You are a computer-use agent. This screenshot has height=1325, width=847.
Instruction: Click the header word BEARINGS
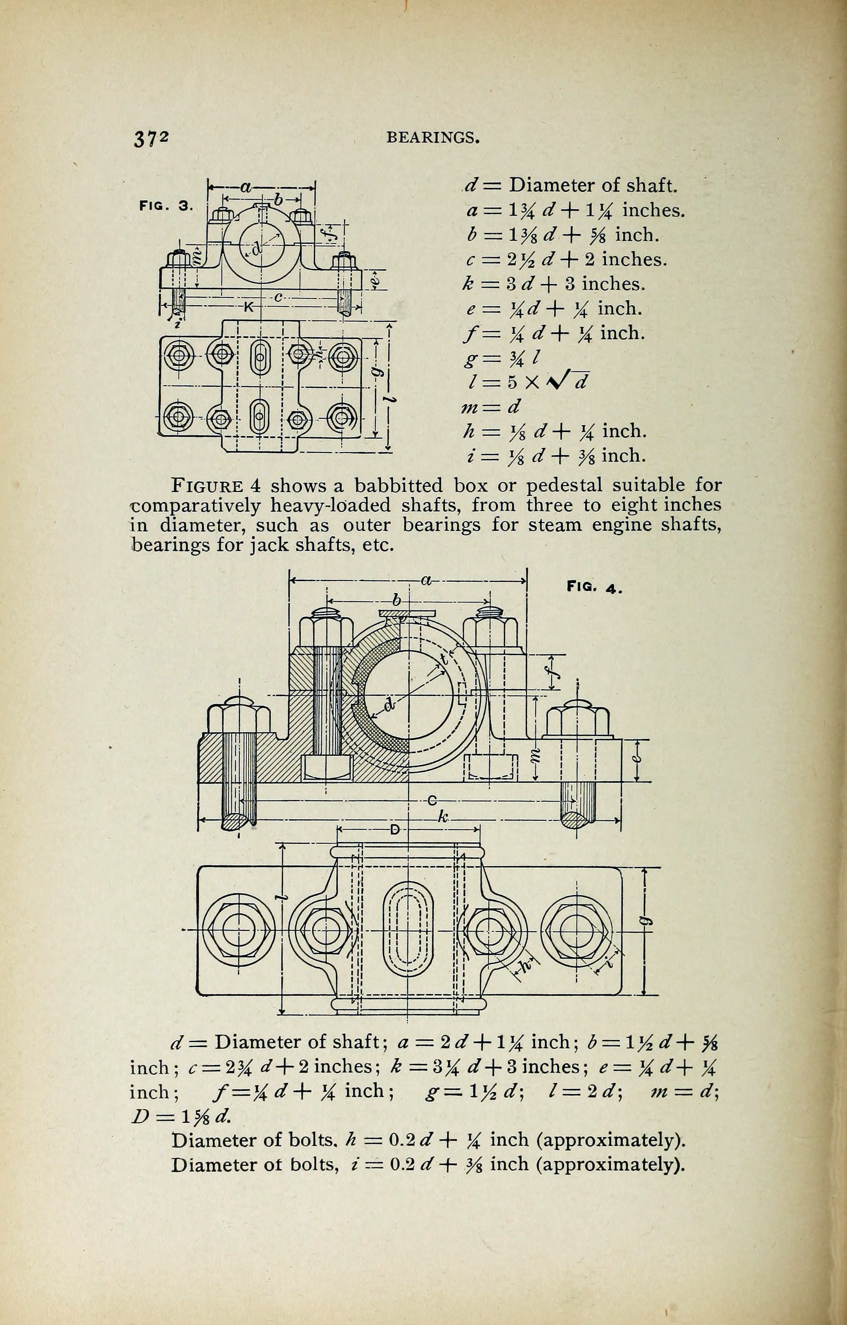click(433, 138)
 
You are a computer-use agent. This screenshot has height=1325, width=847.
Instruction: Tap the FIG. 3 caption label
click(166, 206)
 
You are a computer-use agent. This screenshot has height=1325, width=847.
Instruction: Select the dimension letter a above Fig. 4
click(426, 579)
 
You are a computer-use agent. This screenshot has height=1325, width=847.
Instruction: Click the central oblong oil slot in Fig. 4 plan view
click(408, 930)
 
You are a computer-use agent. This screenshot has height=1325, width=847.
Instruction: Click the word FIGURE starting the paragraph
click(208, 486)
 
